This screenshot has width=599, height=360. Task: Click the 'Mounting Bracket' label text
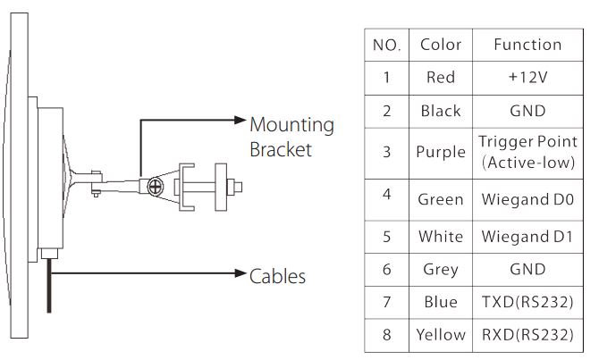pyautogui.click(x=291, y=137)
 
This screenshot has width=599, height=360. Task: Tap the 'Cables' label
pyautogui.click(x=277, y=276)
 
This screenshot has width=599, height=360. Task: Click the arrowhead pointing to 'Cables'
pyautogui.click(x=240, y=273)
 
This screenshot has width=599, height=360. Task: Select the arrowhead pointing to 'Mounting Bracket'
pyautogui.click(x=240, y=121)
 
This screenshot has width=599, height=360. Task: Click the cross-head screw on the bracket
pyautogui.click(x=155, y=187)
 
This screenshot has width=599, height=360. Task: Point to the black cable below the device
pyautogui.click(x=49, y=286)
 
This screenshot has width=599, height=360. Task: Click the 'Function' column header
pyautogui.click(x=527, y=45)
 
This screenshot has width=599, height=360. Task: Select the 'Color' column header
pyautogui.click(x=441, y=45)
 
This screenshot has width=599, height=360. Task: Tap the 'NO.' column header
pyautogui.click(x=386, y=45)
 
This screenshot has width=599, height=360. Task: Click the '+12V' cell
pyautogui.click(x=527, y=78)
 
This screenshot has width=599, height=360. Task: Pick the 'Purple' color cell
pyautogui.click(x=441, y=152)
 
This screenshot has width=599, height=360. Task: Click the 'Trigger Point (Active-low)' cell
pyautogui.click(x=527, y=152)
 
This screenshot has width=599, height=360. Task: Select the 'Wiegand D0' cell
pyautogui.click(x=527, y=199)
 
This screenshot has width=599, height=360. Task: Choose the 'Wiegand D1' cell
pyautogui.click(x=527, y=237)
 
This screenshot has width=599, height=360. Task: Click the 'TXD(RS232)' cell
pyautogui.click(x=527, y=302)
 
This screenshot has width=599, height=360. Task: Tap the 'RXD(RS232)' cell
pyautogui.click(x=527, y=335)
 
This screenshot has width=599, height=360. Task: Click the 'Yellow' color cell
pyautogui.click(x=441, y=335)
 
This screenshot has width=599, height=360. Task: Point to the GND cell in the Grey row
pyautogui.click(x=527, y=270)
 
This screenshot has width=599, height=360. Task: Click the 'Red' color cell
pyautogui.click(x=441, y=78)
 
